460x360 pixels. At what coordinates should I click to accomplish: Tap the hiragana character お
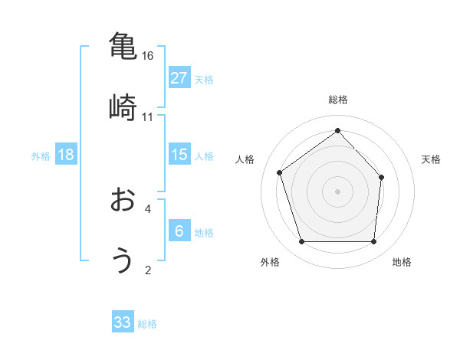click(122, 201)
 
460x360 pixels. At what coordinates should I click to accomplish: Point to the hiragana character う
click(122, 260)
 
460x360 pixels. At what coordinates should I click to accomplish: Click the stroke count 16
click(148, 56)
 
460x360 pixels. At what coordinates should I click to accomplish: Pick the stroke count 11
click(148, 116)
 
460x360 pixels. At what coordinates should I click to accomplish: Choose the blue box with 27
click(179, 78)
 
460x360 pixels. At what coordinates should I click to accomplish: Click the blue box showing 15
click(179, 155)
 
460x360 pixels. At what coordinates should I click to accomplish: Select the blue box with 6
click(179, 231)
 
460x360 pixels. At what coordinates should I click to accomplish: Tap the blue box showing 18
click(66, 155)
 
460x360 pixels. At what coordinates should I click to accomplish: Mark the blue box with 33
click(123, 322)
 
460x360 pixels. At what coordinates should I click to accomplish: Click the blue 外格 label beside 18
click(41, 156)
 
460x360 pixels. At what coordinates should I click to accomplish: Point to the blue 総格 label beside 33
click(147, 324)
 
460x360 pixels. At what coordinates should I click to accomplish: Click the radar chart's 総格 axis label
click(337, 100)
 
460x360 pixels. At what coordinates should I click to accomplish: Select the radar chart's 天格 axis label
click(432, 159)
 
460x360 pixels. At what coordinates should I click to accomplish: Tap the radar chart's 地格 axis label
click(402, 262)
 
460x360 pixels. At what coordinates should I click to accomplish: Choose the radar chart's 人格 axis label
click(245, 159)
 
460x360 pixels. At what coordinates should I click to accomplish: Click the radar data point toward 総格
click(337, 130)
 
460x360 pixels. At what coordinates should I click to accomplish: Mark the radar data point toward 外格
click(301, 242)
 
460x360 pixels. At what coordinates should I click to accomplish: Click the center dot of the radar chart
click(337, 191)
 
